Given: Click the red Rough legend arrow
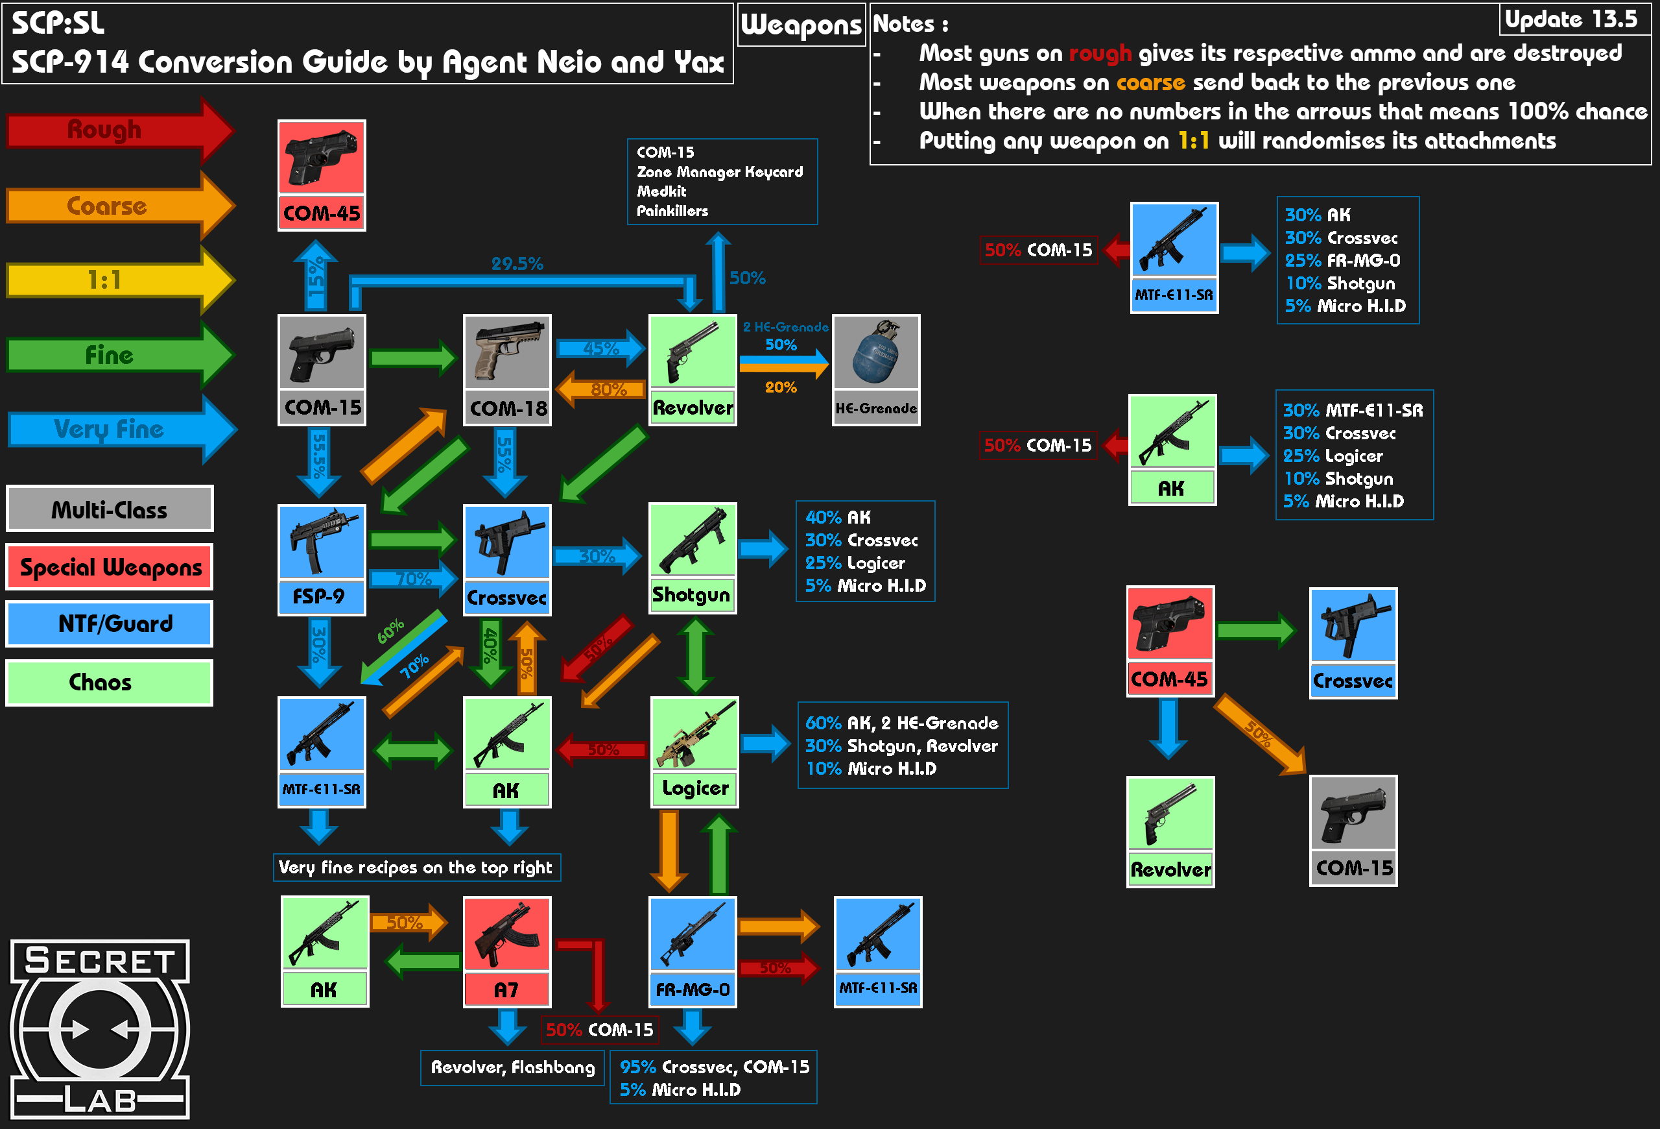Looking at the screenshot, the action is (120, 130).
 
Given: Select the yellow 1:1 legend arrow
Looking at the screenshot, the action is (120, 280).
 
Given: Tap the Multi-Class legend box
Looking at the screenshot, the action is (110, 509).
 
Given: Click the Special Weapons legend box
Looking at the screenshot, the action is (110, 566).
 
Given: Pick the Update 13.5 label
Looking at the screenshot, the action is (1571, 19).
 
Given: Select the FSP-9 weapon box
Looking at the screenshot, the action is (322, 559).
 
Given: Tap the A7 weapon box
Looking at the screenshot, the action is (507, 952).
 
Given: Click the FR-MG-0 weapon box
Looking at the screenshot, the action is (692, 952).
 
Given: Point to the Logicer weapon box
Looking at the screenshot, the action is (694, 753).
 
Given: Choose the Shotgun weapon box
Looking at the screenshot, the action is (692, 558).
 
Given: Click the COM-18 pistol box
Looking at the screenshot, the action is (507, 370).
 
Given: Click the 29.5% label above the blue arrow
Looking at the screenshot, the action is (517, 263).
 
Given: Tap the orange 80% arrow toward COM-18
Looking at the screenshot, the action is (600, 389).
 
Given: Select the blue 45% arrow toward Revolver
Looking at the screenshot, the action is (600, 348).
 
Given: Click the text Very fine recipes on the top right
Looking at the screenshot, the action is (416, 868).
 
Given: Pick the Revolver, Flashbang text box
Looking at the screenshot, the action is (513, 1067).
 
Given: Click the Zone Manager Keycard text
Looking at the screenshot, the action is (719, 171).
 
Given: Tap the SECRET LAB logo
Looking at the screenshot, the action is (100, 1029).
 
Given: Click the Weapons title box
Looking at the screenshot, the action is (801, 25).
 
